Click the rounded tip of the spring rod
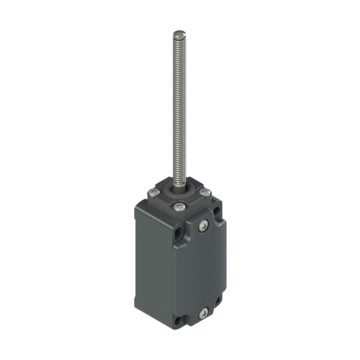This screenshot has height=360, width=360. pos(179,35)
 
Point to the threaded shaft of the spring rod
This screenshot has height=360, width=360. pos(179,108)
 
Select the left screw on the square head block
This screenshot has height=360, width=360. pos(154,193)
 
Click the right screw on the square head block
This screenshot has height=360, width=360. pos(205,192)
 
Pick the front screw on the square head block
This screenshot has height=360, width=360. pos(179,207)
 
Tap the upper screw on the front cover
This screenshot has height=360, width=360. pos(203,226)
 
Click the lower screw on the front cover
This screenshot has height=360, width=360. pos(203,313)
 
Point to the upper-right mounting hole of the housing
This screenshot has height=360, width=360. pos(217,212)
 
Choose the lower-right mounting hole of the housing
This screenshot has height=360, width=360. pos(218,300)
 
